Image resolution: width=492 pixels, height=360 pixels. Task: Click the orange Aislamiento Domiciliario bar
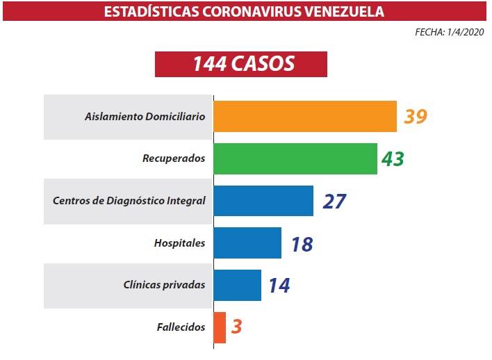[304, 116]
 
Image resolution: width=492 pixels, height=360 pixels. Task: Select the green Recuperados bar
[295, 158]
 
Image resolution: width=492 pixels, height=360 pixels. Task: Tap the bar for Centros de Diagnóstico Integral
[263, 201]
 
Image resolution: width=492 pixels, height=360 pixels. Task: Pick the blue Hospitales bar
[247, 243]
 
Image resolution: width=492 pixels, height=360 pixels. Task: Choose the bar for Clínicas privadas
[237, 285]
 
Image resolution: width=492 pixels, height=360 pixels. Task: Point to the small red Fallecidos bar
[220, 327]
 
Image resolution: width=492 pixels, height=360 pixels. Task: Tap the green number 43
[393, 158]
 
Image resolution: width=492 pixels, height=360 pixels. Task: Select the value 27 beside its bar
[334, 201]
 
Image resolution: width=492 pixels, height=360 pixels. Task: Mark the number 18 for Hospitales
[302, 243]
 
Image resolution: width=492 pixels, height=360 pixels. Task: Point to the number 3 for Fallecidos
[236, 327]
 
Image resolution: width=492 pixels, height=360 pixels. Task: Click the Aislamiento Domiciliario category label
[145, 117]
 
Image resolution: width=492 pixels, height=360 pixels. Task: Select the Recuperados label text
[174, 158]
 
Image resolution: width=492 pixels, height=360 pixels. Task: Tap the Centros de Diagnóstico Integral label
[129, 201]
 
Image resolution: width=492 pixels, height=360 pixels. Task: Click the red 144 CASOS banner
[240, 63]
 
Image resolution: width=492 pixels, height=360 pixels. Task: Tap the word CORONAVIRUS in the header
[243, 11]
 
